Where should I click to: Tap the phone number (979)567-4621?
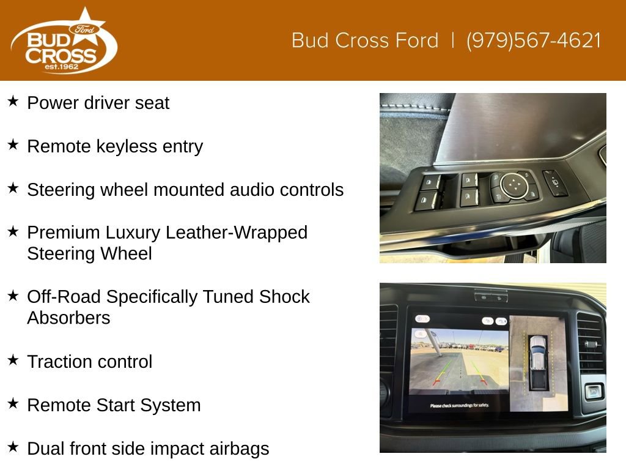[533, 40]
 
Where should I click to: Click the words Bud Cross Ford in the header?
[365, 40]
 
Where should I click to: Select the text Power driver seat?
[98, 103]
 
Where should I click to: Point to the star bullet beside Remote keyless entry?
[13, 144]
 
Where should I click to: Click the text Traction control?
[90, 362]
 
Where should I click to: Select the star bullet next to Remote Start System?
[13, 403]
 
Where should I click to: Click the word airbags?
[239, 449]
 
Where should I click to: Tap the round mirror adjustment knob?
[514, 185]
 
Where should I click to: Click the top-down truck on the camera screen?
[538, 362]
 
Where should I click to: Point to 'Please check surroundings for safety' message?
[459, 406]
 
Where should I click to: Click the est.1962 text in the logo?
[62, 67]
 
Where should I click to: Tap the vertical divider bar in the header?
[452, 40]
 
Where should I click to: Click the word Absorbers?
[68, 318]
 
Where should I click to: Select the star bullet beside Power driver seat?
[13, 101]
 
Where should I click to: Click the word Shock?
[284, 297]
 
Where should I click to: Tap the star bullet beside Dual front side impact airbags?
[13, 446]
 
